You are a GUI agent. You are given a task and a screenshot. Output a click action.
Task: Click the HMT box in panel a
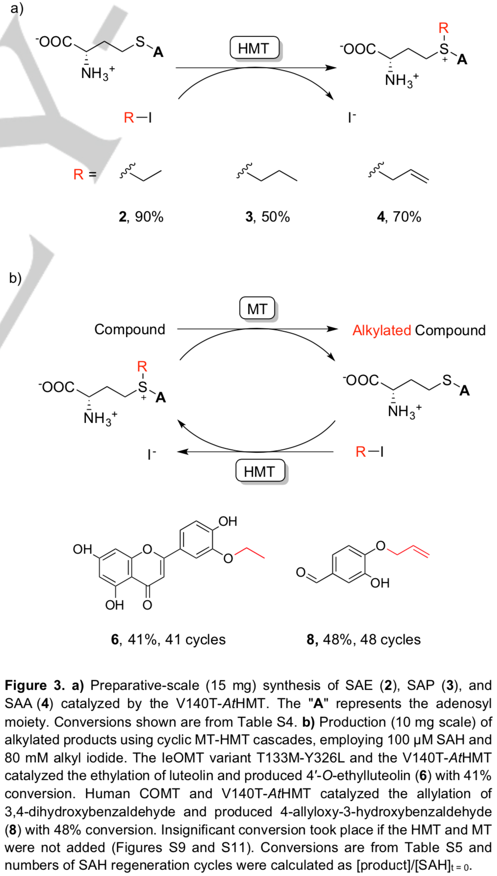click(254, 49)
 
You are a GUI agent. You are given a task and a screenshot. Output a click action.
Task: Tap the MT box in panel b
click(257, 309)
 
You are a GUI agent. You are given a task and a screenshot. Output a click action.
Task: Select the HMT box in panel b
click(259, 471)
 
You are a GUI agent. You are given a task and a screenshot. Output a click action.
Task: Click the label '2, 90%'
click(141, 217)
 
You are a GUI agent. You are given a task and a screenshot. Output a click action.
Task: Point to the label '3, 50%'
click(268, 217)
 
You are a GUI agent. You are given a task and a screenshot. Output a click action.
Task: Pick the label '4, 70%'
click(399, 217)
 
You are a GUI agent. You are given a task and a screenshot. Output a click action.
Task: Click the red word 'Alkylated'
click(381, 330)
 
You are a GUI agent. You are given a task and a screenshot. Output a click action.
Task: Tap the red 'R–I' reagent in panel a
click(137, 118)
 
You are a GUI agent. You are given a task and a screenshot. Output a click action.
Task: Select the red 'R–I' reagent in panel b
click(369, 452)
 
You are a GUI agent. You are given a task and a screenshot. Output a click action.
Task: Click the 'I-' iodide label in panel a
click(351, 118)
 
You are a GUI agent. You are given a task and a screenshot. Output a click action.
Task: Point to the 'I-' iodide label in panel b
click(151, 455)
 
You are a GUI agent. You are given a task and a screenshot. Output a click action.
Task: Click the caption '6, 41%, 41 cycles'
click(168, 639)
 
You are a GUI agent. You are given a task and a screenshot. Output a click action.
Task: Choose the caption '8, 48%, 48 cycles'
click(363, 639)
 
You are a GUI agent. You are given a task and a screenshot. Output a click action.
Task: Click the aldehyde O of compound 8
click(300, 572)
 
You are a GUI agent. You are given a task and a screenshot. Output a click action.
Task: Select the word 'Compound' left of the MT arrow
click(129, 329)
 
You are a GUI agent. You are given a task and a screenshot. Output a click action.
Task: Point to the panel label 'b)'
click(15, 278)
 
